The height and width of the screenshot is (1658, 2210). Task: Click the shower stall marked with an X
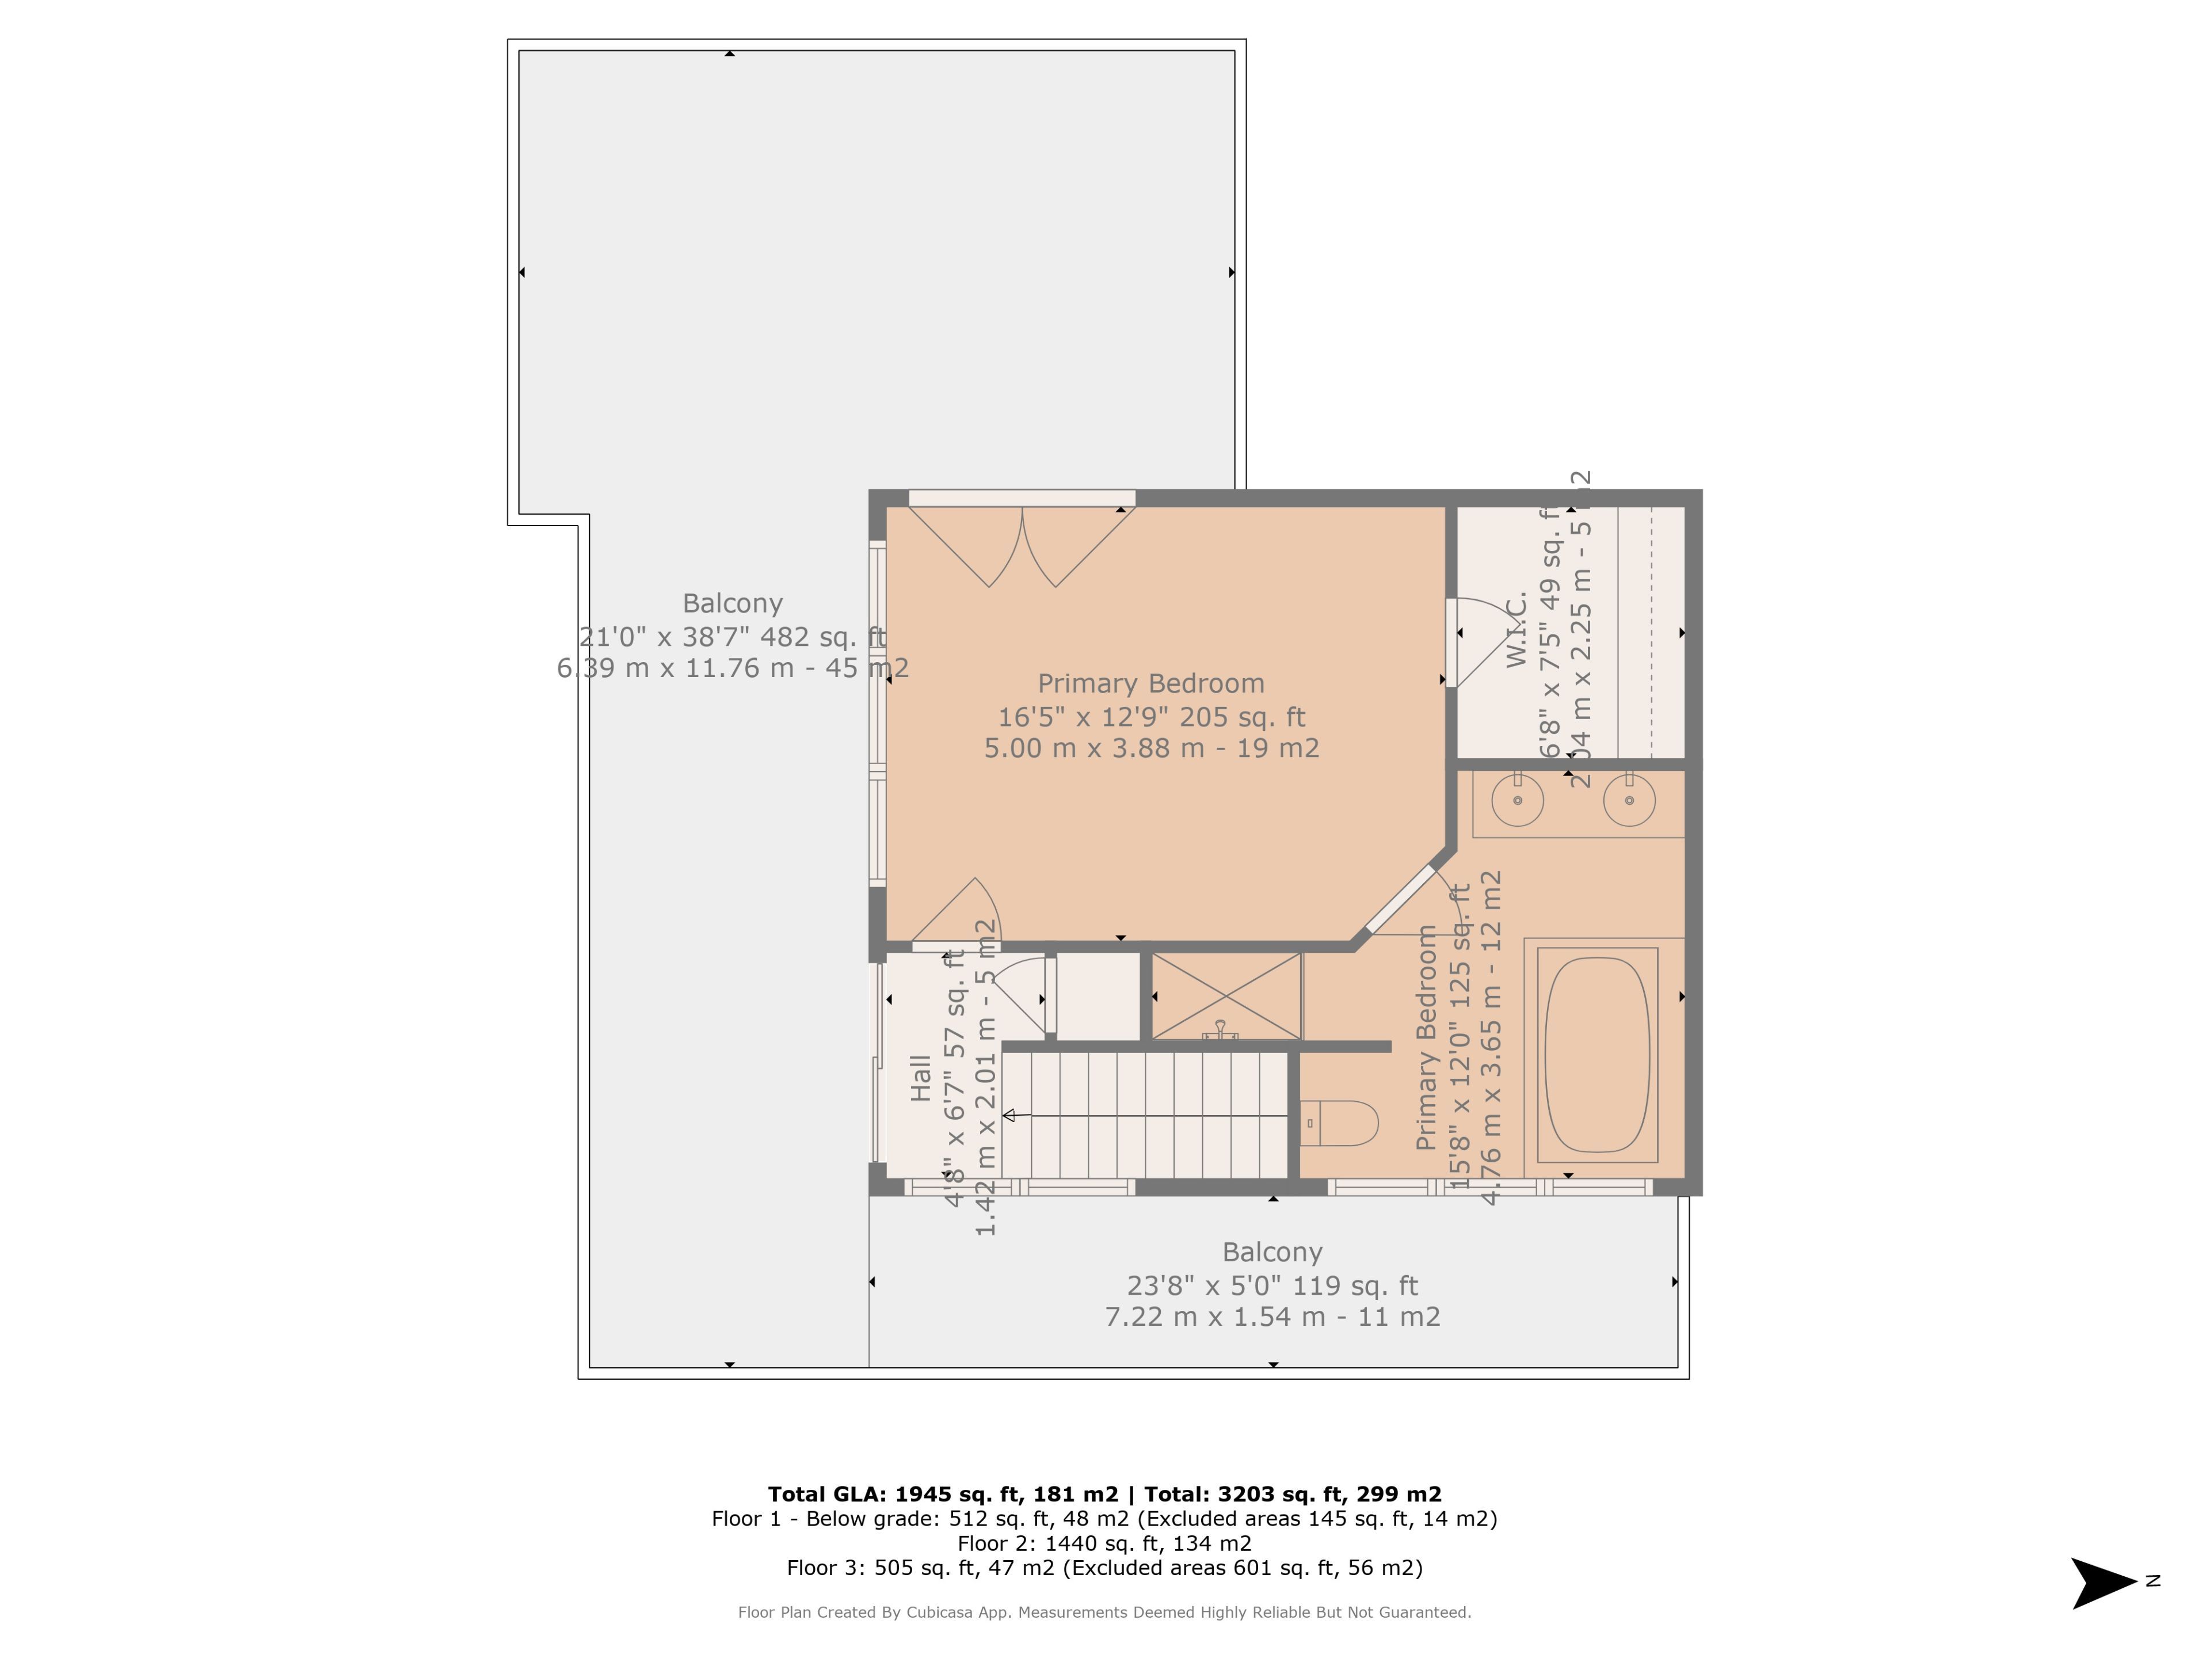(1227, 995)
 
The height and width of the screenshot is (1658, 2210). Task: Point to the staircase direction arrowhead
(1009, 1115)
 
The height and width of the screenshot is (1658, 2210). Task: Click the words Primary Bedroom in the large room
(1151, 683)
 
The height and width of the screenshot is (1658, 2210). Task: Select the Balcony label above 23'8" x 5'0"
(1272, 1252)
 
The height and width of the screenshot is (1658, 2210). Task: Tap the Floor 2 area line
(1104, 1543)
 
